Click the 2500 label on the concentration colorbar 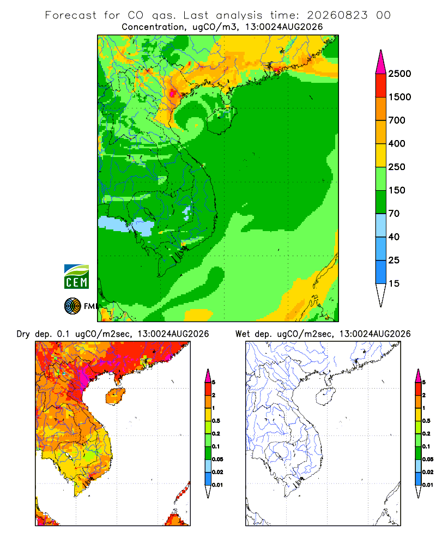(x=399, y=74)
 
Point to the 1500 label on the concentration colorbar (x=399, y=97)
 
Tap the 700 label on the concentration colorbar (x=397, y=120)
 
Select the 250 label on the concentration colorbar (x=397, y=167)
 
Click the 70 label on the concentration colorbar (x=394, y=214)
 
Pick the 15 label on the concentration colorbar (x=394, y=283)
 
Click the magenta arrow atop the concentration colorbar (x=381, y=62)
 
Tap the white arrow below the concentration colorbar (x=381, y=295)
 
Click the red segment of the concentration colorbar (x=381, y=86)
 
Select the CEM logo (x=76, y=277)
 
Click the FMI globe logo (x=72, y=306)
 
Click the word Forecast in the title (x=71, y=15)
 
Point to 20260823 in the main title (x=337, y=15)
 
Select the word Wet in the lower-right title (x=243, y=334)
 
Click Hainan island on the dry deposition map (x=115, y=397)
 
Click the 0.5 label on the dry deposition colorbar (x=216, y=421)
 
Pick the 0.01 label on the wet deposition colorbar (x=428, y=485)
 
